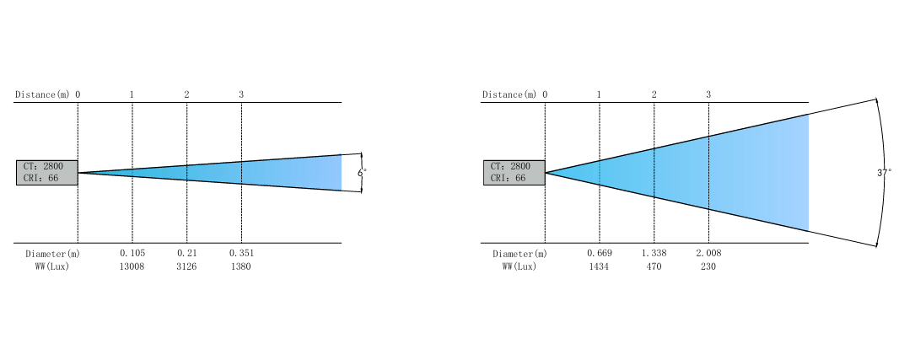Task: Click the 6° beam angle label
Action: click(362, 172)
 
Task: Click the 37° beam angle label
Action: click(884, 172)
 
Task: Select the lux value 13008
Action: click(132, 266)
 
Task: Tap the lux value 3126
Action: click(186, 266)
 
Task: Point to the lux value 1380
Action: click(241, 266)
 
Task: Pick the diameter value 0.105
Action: click(132, 253)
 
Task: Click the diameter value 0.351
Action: click(241, 253)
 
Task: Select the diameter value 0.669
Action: click(600, 253)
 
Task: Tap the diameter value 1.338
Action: click(654, 253)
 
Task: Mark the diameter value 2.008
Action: click(708, 253)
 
